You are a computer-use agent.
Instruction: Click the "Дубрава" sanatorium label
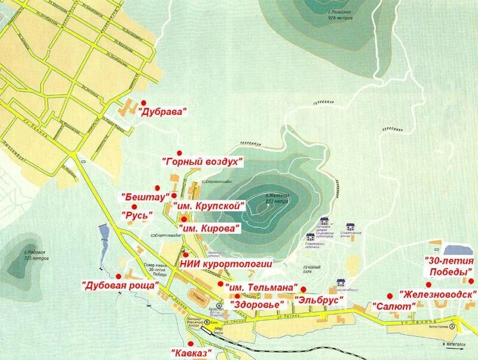[x=163, y=111]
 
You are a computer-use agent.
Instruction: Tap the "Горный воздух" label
[x=203, y=161]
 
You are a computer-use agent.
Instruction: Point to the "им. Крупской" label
[x=209, y=205]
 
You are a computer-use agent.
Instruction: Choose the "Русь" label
[x=137, y=214]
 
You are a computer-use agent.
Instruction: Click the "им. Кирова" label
[x=209, y=228]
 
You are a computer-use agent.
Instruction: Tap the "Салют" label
[x=393, y=305]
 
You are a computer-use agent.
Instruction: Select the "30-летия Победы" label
[x=449, y=267]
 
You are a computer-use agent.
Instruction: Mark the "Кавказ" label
[x=191, y=353]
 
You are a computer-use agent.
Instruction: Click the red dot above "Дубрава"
[x=143, y=102]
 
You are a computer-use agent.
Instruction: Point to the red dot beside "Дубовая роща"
[x=118, y=276]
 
